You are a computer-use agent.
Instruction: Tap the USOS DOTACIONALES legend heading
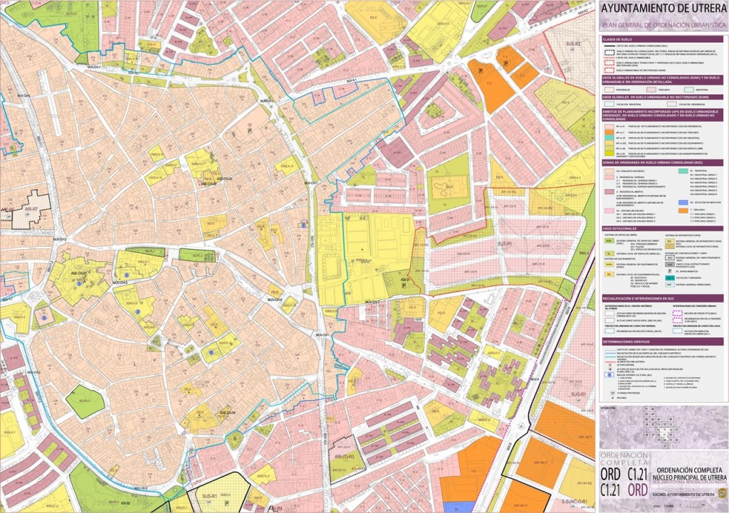(x=618, y=228)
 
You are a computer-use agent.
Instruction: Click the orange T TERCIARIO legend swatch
(x=671, y=211)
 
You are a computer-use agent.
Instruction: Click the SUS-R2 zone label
(x=574, y=44)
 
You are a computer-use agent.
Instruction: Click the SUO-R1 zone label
(x=577, y=394)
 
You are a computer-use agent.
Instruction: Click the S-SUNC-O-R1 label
(x=574, y=502)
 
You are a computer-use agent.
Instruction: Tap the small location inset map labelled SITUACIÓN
(x=662, y=427)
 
